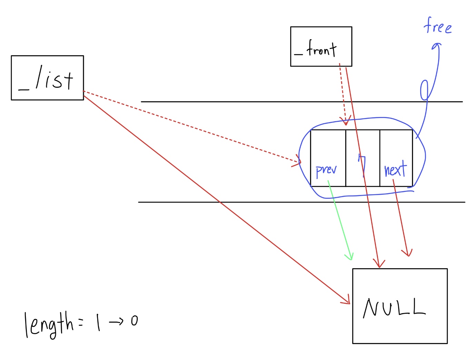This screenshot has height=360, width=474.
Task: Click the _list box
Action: pos(47,78)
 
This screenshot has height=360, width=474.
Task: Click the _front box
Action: pos(321,46)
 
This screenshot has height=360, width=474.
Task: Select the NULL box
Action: pos(399,306)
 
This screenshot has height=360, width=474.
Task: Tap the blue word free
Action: pos(437,26)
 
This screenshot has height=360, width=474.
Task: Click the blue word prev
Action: pos(326,170)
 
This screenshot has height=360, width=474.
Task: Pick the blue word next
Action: pos(395,169)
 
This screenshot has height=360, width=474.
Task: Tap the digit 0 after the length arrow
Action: pos(134,321)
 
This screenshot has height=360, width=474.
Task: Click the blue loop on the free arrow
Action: pos(424,90)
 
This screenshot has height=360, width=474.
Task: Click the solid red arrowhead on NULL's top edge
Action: pos(379,264)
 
